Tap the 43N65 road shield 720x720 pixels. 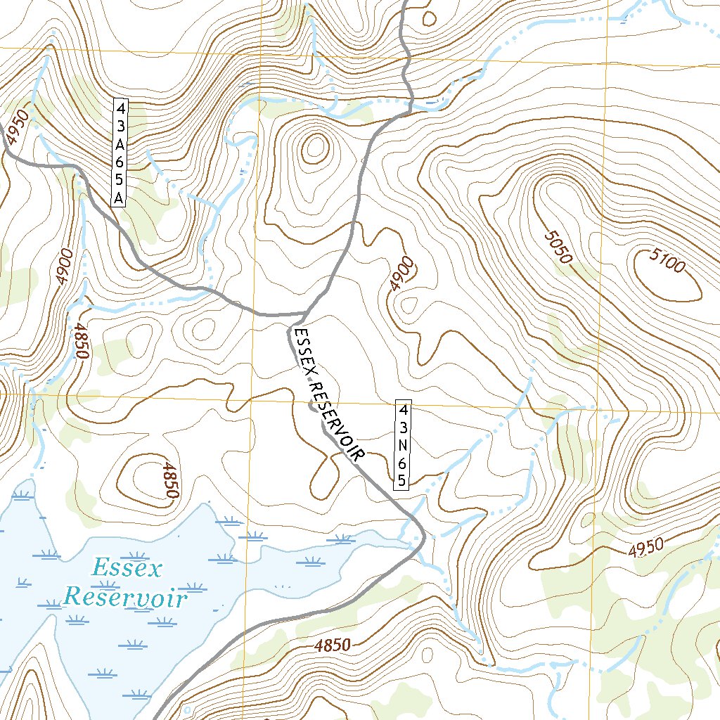[x=402, y=445]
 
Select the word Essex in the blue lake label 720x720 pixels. [x=127, y=567]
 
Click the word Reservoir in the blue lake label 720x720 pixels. [x=126, y=598]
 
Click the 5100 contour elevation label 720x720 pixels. [x=667, y=264]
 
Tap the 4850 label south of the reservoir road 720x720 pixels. [x=333, y=645]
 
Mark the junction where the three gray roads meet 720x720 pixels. [x=307, y=312]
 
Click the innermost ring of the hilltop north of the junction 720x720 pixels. [x=314, y=148]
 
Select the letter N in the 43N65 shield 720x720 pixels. [x=402, y=445]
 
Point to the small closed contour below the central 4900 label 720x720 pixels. [x=406, y=305]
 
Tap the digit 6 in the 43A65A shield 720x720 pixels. [x=120, y=162]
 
